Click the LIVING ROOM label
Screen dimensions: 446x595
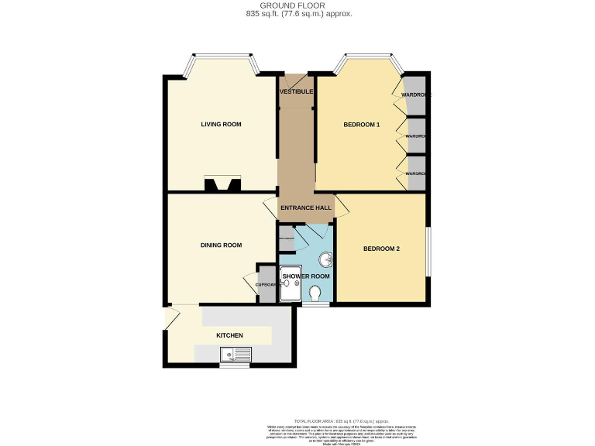point(222,124)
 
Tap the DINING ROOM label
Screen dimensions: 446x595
point(222,245)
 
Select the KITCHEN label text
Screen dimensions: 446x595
point(230,335)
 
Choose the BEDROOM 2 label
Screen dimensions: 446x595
point(381,249)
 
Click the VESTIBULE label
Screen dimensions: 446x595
point(296,92)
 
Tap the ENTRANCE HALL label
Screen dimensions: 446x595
point(306,208)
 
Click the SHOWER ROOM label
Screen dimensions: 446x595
point(306,276)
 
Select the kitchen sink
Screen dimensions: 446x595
point(236,355)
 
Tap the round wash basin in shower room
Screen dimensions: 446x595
point(325,260)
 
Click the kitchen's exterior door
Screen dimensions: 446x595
point(171,317)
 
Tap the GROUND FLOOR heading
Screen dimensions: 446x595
point(297,5)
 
